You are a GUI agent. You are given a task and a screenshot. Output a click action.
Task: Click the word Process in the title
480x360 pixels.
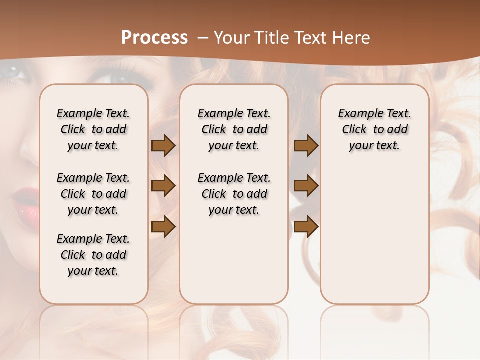[154, 38]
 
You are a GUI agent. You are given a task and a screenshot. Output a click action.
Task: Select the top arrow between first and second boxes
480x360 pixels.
[163, 145]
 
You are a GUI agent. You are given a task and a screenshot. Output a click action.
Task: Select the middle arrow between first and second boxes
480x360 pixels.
[163, 186]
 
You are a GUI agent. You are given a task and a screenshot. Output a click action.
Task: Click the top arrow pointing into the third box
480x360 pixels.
[306, 145]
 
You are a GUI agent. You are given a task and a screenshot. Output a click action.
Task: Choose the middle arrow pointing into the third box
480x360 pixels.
[306, 186]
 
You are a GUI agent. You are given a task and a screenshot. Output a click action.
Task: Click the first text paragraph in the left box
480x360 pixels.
[93, 129]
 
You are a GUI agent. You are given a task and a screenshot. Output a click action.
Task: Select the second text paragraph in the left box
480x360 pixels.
[93, 194]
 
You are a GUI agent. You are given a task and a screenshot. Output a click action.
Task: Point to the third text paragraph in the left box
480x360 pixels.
[93, 255]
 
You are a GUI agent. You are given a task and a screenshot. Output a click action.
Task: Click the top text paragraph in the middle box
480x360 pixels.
[234, 129]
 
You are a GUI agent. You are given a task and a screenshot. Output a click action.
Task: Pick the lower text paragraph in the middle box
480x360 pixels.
[234, 194]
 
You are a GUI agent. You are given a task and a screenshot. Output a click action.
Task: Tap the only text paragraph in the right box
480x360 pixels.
[374, 129]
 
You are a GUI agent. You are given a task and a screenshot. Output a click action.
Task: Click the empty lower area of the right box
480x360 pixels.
[374, 240]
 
